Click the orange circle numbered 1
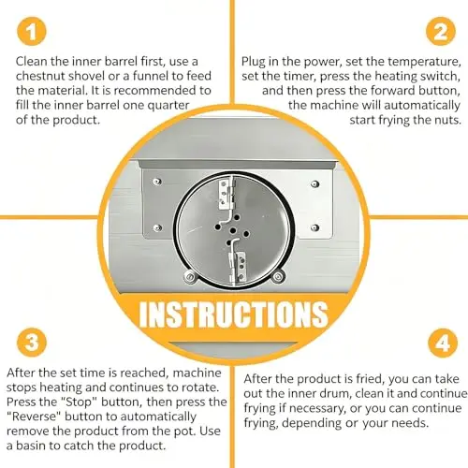coord(31,32)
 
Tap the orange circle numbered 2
coord(441,32)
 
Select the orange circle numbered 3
coord(31,343)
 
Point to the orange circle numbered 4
coord(443,343)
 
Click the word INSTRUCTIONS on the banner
coord(233,314)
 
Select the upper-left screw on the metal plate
coord(157,182)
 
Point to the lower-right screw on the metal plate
coord(315,227)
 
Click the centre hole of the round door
coord(232,231)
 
